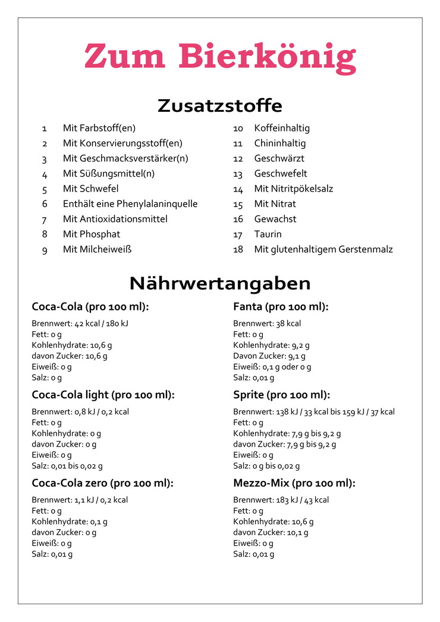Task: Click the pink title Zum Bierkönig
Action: (220, 56)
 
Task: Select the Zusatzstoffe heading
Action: (220, 106)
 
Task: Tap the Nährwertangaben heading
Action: (220, 282)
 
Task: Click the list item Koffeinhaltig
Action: (282, 128)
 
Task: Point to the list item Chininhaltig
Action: (279, 143)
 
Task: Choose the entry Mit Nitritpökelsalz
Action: (293, 189)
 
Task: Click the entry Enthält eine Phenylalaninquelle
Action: (130, 204)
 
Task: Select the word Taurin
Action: (268, 234)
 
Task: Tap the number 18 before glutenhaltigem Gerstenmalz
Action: (238, 250)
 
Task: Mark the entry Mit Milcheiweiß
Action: (97, 250)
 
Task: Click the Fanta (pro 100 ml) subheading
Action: (281, 307)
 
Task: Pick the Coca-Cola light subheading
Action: (103, 395)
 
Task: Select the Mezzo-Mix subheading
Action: (294, 483)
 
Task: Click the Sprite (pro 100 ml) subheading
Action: (281, 395)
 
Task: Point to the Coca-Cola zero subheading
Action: (102, 483)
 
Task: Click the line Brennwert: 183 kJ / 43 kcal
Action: (281, 500)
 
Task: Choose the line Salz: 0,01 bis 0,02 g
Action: (67, 466)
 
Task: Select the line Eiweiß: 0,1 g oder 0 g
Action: (272, 367)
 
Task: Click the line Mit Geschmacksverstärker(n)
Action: (125, 159)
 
